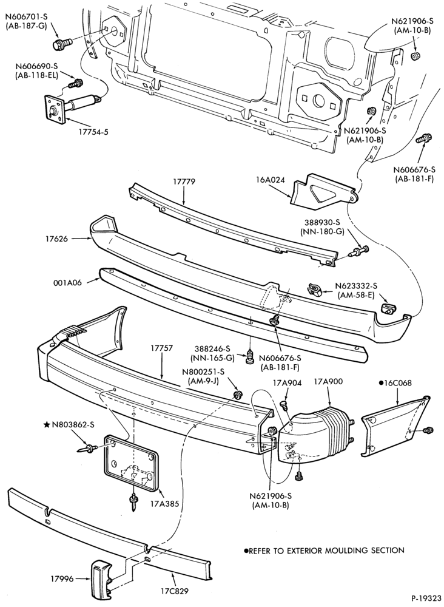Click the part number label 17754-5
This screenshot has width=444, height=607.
pyautogui.click(x=92, y=132)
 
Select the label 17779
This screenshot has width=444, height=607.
pyautogui.click(x=184, y=181)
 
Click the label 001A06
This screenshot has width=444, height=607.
pyautogui.click(x=69, y=283)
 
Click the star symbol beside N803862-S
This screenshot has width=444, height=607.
pyautogui.click(x=47, y=425)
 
